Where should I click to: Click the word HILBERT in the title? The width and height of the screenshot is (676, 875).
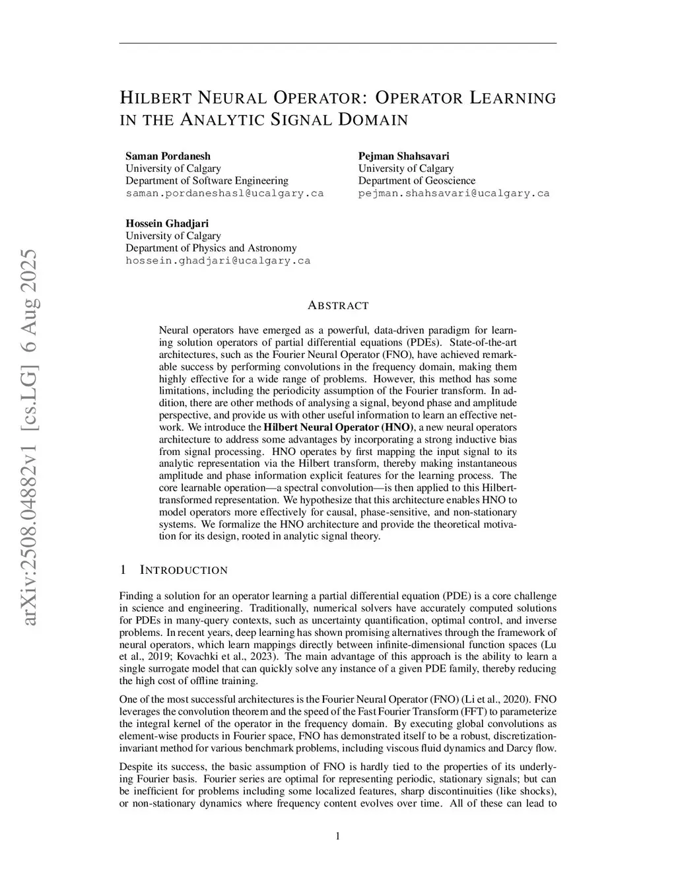[x=155, y=98]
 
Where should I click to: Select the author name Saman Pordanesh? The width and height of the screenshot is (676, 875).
[x=168, y=156]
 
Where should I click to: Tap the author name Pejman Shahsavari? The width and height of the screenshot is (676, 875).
[x=403, y=156]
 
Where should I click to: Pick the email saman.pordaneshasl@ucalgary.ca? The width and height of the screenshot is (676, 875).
[x=224, y=193]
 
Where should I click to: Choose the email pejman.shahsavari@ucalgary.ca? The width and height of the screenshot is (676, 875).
[x=454, y=193]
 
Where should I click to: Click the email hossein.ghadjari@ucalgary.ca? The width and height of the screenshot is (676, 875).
[x=218, y=261]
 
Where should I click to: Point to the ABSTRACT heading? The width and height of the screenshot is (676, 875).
[x=338, y=306]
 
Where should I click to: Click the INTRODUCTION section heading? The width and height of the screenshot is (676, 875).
[x=184, y=570]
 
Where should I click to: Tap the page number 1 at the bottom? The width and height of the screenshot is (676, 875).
[x=338, y=837]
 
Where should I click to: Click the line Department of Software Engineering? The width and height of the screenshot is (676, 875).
[x=207, y=180]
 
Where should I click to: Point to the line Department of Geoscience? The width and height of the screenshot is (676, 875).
[x=417, y=180]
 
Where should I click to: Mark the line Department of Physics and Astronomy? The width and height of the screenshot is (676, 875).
[x=211, y=248]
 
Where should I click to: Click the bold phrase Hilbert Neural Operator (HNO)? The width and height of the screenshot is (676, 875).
[x=339, y=427]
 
